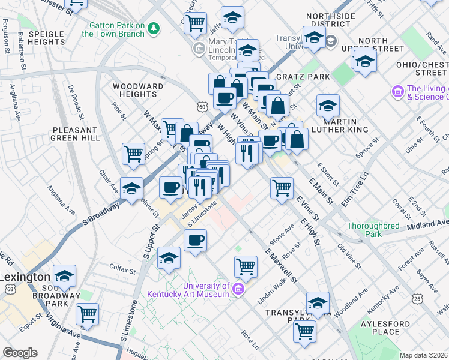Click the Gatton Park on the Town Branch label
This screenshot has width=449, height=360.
(x=113, y=29)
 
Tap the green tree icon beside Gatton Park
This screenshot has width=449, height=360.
(x=154, y=28)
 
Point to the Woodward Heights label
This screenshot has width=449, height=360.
(x=137, y=90)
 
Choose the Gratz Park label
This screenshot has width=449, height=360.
(x=303, y=77)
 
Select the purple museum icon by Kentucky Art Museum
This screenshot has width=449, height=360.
(x=239, y=289)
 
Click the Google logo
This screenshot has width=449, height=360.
(x=20, y=353)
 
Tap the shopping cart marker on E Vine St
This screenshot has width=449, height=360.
(x=282, y=187)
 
